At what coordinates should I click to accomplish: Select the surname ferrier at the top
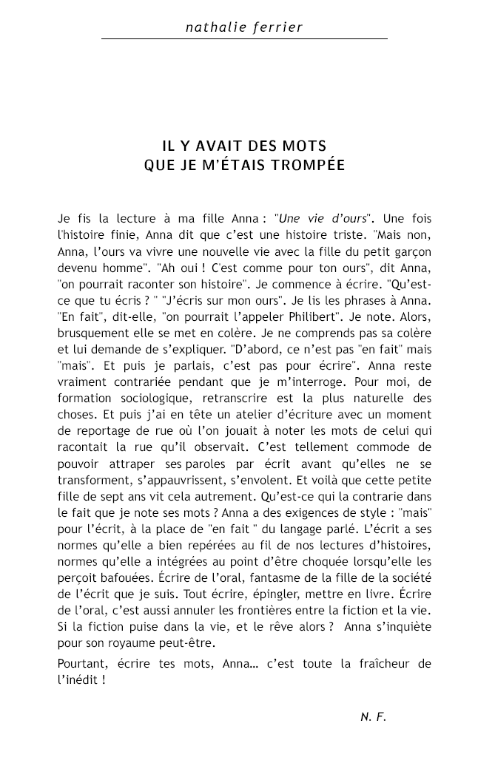(x=277, y=27)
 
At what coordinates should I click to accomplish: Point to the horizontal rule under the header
(x=244, y=38)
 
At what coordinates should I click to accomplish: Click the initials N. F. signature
(x=374, y=716)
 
